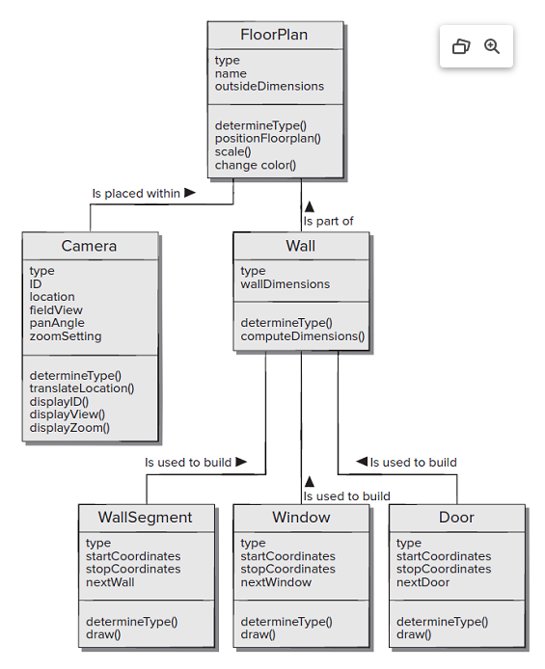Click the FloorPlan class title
point(274,35)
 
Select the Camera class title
point(89,246)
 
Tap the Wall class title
point(300,246)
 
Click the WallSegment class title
point(145,518)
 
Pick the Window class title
point(300,518)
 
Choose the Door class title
point(456,518)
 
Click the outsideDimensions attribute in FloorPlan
point(269,87)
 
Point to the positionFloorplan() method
point(267,139)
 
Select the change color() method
point(255,165)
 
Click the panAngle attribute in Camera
point(57,324)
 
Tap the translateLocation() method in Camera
point(81,388)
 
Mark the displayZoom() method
point(69,428)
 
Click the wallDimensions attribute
point(285,284)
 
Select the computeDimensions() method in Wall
point(302,336)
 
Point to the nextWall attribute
point(110,583)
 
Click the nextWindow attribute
point(276,583)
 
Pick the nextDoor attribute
point(422,583)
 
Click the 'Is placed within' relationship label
point(136,194)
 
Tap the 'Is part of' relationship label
point(328,222)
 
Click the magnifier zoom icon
point(492,46)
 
